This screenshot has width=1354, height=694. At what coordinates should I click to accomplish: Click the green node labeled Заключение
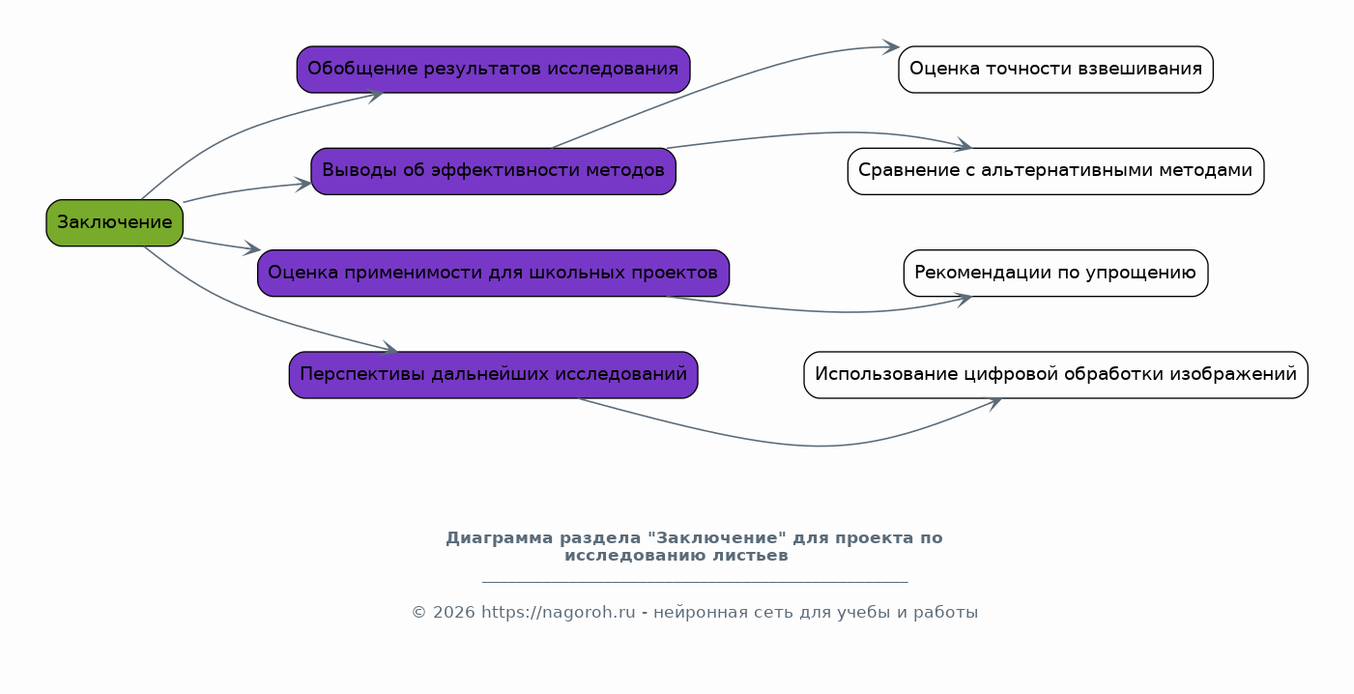115,223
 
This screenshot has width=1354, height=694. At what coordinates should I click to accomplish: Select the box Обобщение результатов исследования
493,70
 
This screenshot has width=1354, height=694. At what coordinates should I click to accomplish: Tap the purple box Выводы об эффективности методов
493,171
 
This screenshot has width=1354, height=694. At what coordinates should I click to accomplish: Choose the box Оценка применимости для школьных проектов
493,274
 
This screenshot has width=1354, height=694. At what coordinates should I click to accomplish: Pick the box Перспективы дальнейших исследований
493,375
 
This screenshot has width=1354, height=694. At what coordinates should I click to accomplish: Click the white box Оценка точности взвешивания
1055,70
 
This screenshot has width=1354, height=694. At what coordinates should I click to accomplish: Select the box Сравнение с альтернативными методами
1055,171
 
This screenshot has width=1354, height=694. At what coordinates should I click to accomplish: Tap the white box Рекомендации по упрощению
1055,274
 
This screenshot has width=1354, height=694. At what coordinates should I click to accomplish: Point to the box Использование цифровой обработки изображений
1055,375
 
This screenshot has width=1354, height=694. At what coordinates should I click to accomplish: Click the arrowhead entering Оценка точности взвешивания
892,46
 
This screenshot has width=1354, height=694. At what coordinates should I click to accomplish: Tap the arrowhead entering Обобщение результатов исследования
375,96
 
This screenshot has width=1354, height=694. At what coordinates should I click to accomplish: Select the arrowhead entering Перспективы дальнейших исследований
389,348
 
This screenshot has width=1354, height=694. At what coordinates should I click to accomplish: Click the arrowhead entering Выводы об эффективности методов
302,185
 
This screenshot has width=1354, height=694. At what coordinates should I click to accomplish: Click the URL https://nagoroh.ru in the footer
558,613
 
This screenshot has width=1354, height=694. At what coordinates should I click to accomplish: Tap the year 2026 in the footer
454,613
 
